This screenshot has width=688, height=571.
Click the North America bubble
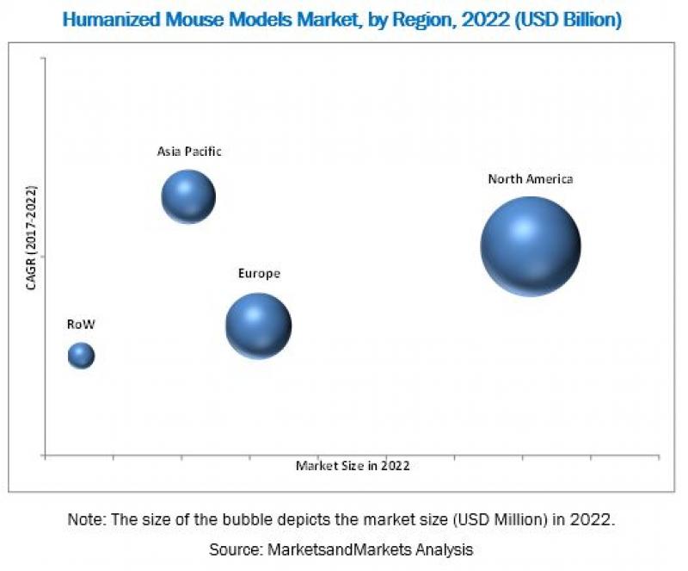[530, 246]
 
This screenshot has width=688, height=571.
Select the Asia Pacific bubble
[188, 197]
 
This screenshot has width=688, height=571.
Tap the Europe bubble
[258, 326]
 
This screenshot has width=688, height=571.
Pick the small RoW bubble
[81, 355]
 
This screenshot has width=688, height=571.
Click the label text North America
[530, 179]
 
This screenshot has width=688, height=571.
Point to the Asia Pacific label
[189, 152]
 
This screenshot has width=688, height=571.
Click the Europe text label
[259, 274]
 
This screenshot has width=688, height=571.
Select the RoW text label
[81, 325]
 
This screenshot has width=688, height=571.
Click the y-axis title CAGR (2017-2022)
[32, 237]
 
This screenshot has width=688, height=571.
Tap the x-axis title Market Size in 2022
[353, 465]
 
